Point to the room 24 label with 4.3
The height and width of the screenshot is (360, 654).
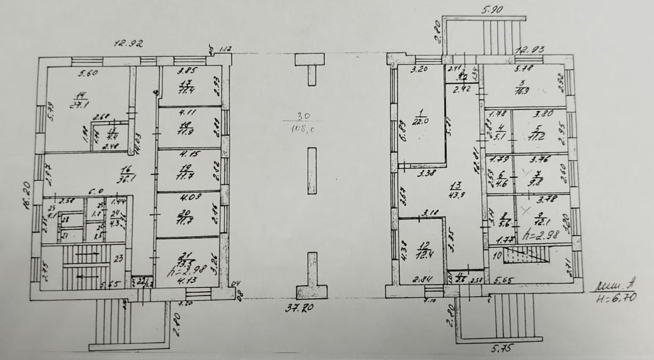[x=116, y=220]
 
